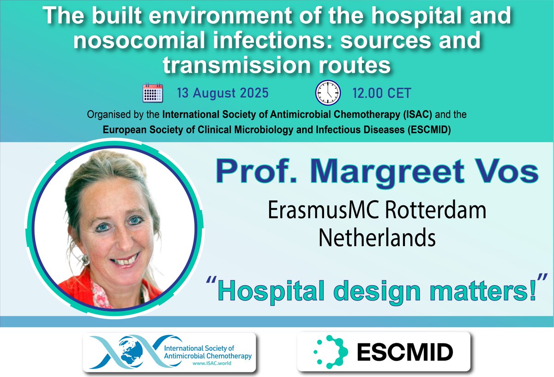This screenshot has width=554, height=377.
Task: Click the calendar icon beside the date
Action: (153, 93)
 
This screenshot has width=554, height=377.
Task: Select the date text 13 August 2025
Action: (222, 93)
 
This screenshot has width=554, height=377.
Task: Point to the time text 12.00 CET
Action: (381, 93)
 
